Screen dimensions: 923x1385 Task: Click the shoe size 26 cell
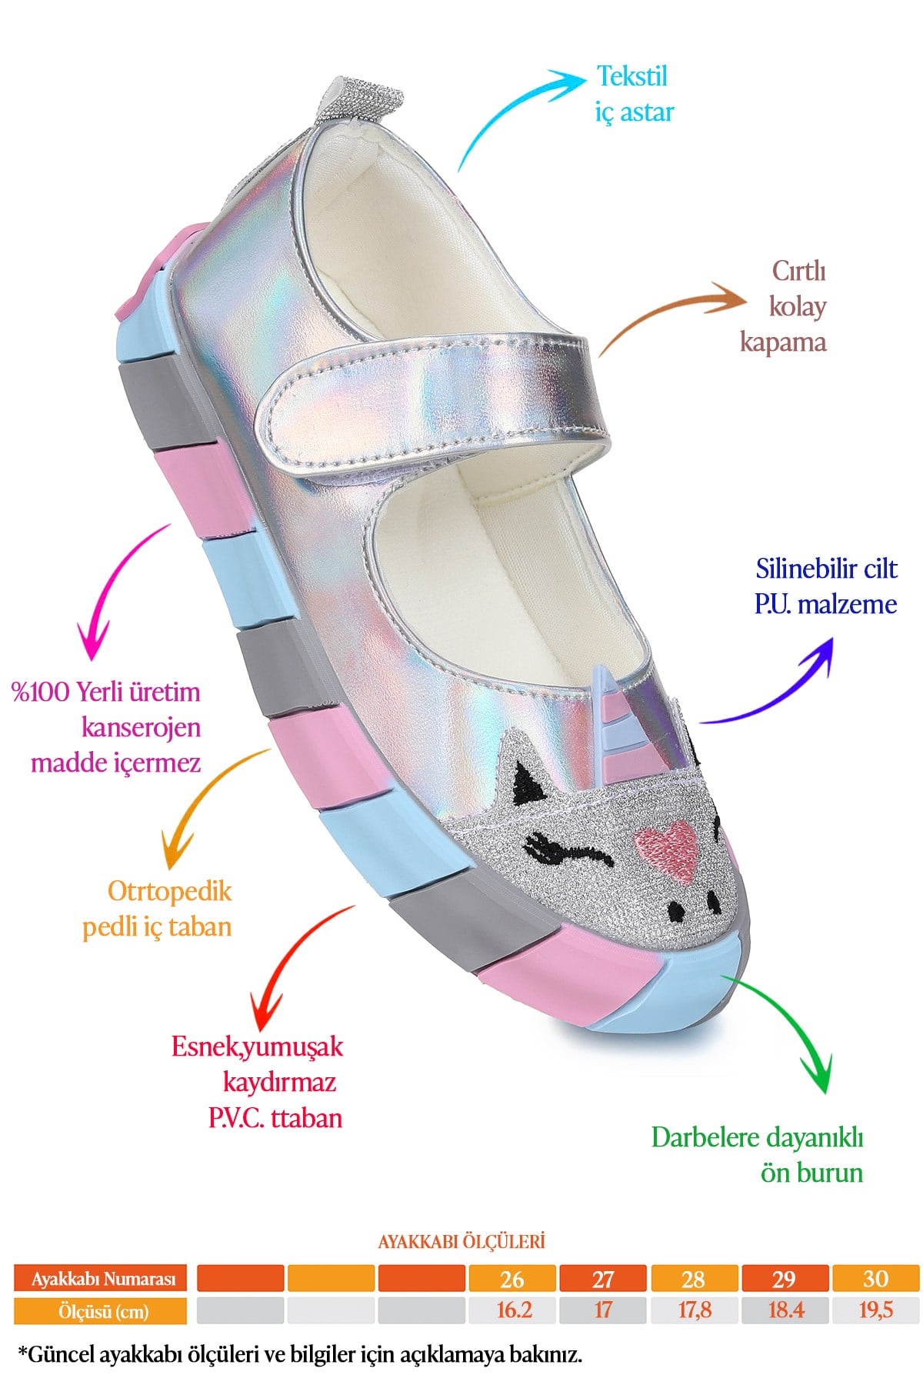[x=513, y=1279]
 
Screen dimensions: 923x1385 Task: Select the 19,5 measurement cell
[x=876, y=1310]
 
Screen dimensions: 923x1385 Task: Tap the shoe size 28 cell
[x=694, y=1279]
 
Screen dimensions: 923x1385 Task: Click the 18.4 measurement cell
[x=785, y=1310]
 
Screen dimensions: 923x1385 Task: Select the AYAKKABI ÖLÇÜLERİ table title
[x=461, y=1241]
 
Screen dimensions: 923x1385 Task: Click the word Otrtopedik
[x=169, y=891]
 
